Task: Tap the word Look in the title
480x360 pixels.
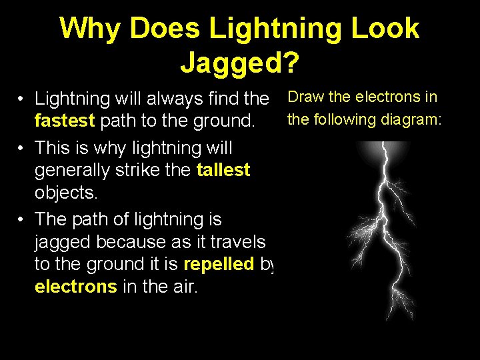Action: [x=386, y=29]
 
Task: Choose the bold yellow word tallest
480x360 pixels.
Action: [x=223, y=171]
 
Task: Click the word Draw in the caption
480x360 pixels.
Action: [x=306, y=97]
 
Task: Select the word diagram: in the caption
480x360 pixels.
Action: [x=413, y=120]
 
